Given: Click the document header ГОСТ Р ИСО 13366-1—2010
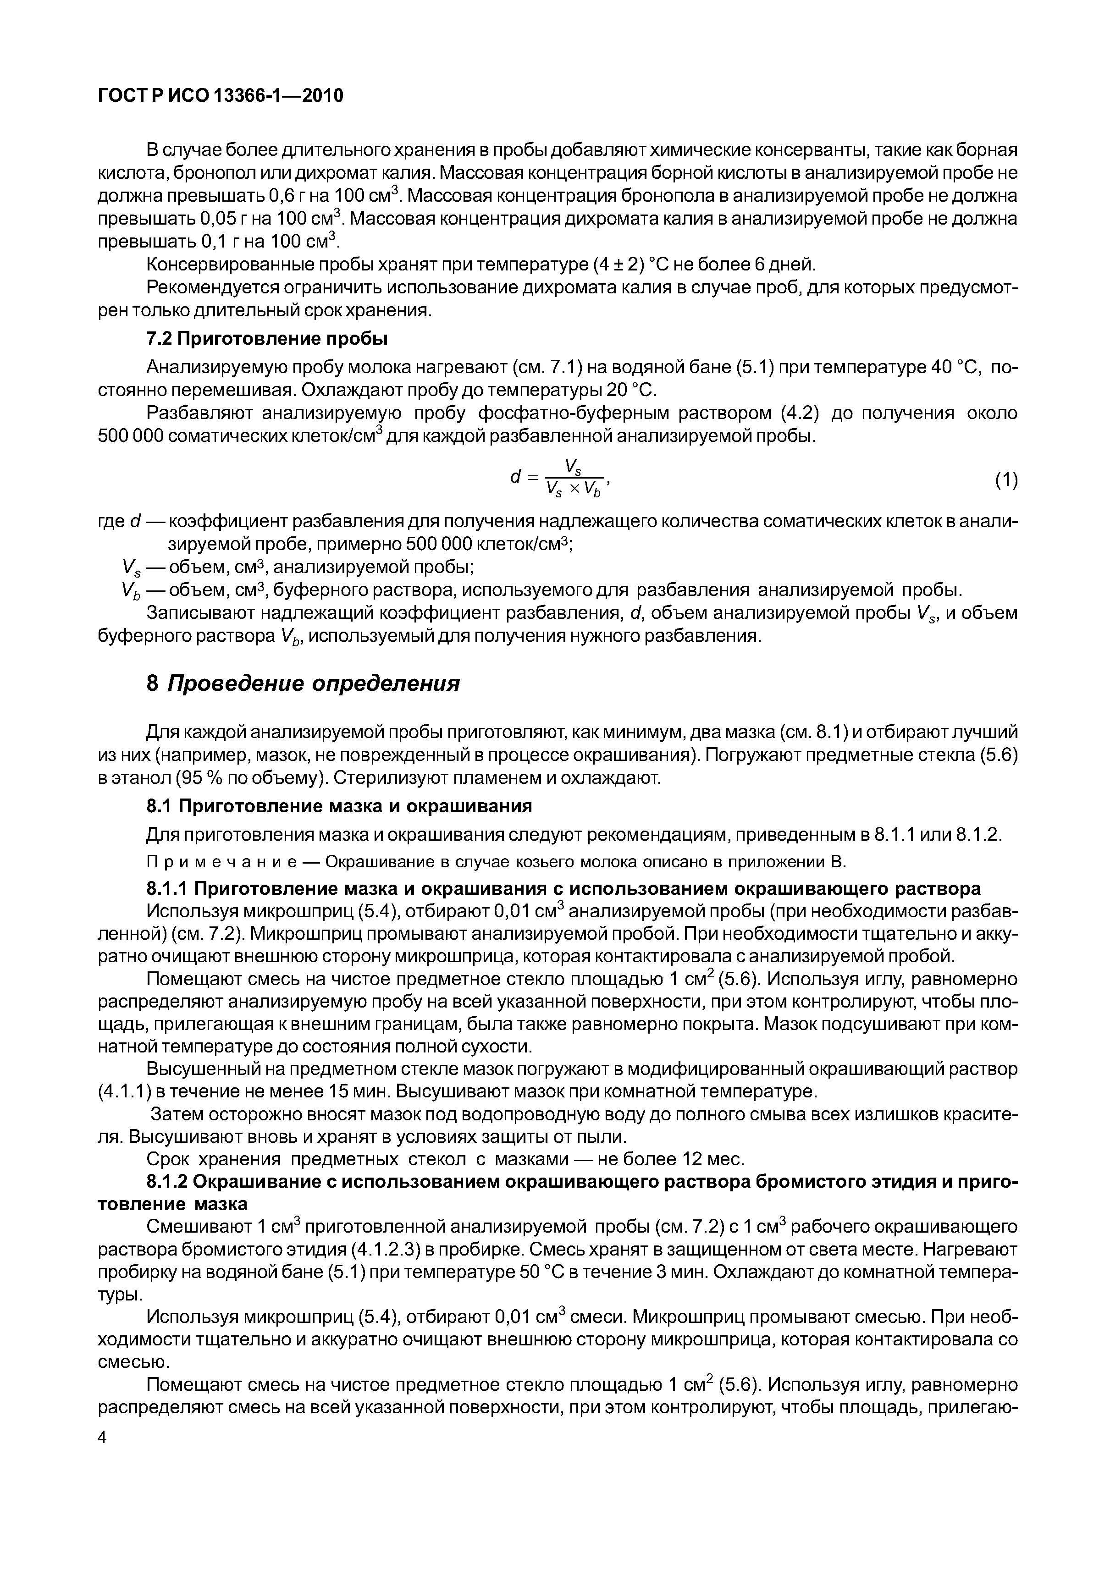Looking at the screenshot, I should [x=220, y=96].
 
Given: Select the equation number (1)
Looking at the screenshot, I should [x=1006, y=481].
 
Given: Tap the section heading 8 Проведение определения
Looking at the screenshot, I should [x=303, y=683].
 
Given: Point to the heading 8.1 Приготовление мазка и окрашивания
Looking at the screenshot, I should [x=339, y=806].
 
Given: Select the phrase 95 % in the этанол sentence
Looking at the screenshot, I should [x=202, y=778].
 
